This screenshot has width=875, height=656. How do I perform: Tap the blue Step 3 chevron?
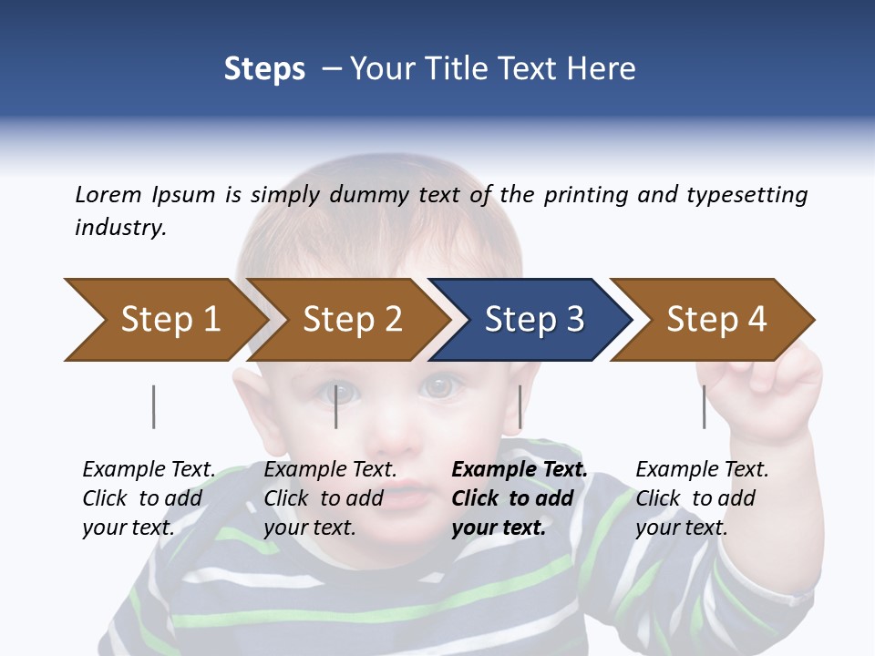[533, 320]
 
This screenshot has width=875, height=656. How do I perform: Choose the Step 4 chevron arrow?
[715, 320]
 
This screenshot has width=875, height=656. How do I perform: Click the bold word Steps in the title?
[264, 69]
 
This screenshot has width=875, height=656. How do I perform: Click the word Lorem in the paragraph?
[108, 195]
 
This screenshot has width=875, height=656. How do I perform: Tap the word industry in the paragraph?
[119, 228]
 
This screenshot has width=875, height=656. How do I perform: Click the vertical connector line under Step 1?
[153, 406]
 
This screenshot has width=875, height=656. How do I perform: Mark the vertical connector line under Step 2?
[336, 406]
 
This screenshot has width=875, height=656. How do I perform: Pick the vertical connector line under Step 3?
[520, 406]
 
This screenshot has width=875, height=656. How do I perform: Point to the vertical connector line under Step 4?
[704, 406]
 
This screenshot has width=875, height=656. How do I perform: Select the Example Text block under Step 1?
[149, 498]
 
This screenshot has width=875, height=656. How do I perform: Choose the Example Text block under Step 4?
[702, 498]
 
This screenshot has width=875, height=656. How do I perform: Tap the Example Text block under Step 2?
[330, 498]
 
